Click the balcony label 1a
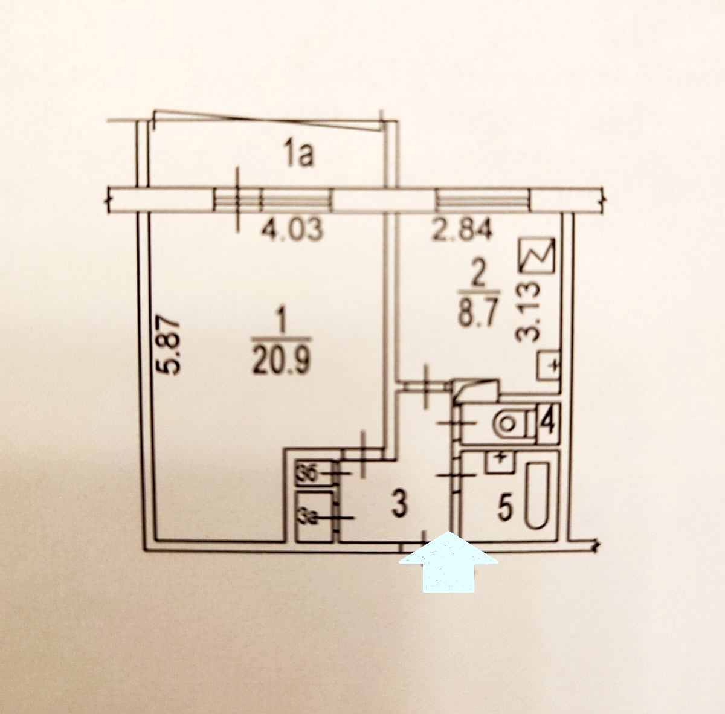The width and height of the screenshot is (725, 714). coord(298,156)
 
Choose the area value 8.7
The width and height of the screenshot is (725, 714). coord(477,314)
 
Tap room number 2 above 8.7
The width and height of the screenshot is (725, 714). coord(478,277)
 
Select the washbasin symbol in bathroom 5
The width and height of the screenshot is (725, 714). coord(498,463)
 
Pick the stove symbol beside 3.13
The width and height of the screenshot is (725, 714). coord(536,257)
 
